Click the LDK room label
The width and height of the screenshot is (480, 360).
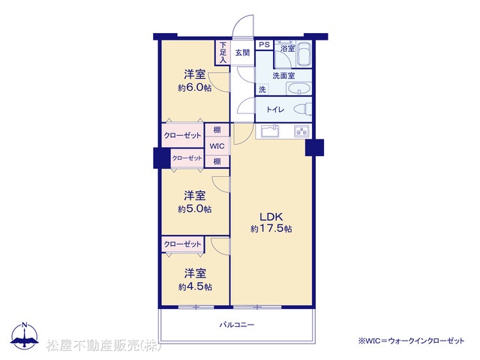pos(271,217)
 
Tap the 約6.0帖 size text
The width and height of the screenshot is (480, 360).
pos(195,88)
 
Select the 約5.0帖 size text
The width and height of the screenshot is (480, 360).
pos(195,209)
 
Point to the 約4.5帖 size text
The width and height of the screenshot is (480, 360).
pos(195,286)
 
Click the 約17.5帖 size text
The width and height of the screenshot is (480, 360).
pos(271,229)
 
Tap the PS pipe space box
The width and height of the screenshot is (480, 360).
pos(264,45)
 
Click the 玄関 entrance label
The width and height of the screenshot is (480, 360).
pos(242,52)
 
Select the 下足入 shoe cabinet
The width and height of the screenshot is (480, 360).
pos(223,52)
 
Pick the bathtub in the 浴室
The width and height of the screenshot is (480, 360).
pos(304,53)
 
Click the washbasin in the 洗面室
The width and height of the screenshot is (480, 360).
pos(298,89)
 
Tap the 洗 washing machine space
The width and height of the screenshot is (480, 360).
pos(262,89)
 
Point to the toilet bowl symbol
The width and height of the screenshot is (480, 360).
pos(302,109)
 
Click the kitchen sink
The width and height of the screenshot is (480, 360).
pos(270,131)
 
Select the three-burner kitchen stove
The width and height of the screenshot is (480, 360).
pos(301,131)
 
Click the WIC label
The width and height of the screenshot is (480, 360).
pos(217,146)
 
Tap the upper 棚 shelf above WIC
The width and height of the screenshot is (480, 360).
pos(217,130)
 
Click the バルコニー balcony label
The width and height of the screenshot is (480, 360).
pos(237,325)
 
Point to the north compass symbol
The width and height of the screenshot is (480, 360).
pos(25,335)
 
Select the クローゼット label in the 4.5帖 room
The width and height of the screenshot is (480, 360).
pos(182,244)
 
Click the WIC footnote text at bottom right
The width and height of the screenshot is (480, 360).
pos(412,340)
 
